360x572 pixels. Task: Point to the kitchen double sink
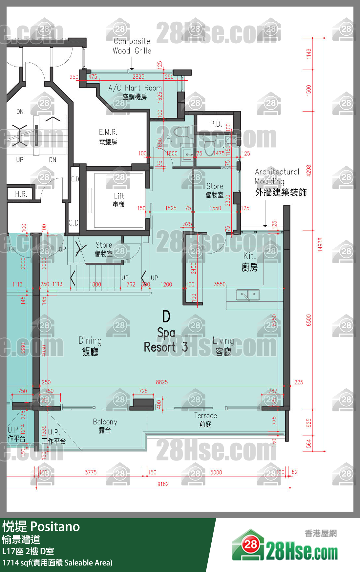(248, 295)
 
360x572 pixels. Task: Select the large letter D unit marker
(166, 317)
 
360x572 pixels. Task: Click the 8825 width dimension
(162, 382)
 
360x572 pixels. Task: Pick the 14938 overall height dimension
(320, 245)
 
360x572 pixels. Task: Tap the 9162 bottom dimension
(163, 484)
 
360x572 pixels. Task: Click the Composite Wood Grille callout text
(132, 46)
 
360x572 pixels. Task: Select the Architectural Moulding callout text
(277, 176)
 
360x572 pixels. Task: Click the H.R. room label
(21, 194)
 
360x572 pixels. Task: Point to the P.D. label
(216, 124)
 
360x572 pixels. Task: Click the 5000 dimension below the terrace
(216, 472)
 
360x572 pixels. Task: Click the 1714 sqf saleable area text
(57, 563)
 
